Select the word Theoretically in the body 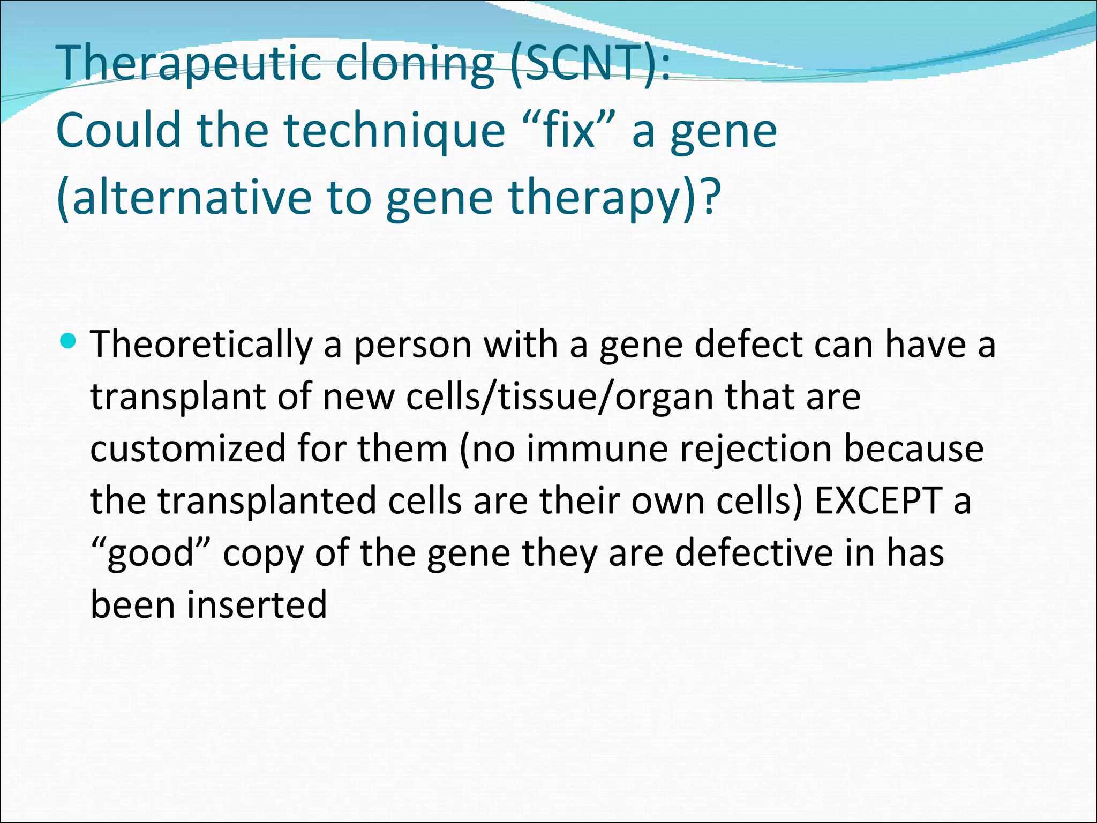pos(201,345)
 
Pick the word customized pos(187,448)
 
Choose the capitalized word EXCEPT pos(878,500)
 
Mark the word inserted pos(257,604)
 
